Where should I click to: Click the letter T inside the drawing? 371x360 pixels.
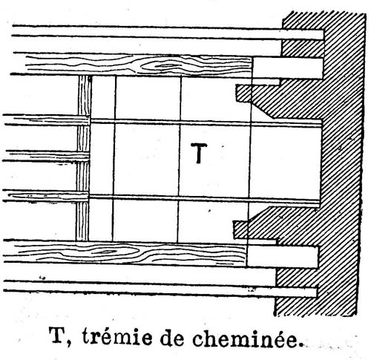point(199,154)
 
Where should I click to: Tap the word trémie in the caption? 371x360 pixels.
point(117,336)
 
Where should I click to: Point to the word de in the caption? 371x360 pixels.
point(172,338)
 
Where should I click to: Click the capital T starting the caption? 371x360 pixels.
point(58,336)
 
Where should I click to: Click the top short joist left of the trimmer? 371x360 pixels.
point(47,120)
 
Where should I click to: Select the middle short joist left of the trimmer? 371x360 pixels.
point(47,156)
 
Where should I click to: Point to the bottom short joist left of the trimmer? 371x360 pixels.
point(46,196)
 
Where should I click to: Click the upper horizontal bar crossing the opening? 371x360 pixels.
point(206,123)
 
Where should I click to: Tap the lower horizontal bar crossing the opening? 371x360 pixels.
point(204,200)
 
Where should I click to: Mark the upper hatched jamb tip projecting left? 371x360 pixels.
point(244,93)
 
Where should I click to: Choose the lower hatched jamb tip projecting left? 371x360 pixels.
point(241,229)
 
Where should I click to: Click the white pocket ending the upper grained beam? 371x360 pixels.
point(287,68)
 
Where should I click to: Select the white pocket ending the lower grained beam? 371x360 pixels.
point(282,257)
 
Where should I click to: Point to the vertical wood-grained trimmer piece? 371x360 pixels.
point(84,158)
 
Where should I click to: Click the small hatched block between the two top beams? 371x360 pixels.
point(303,48)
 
